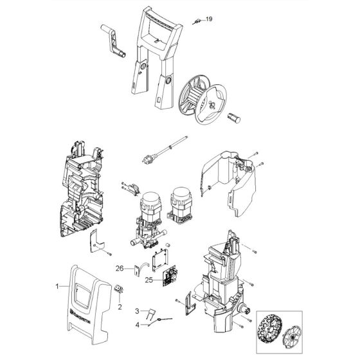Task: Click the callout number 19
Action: coord(208,20)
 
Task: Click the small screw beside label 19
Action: coord(195,22)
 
